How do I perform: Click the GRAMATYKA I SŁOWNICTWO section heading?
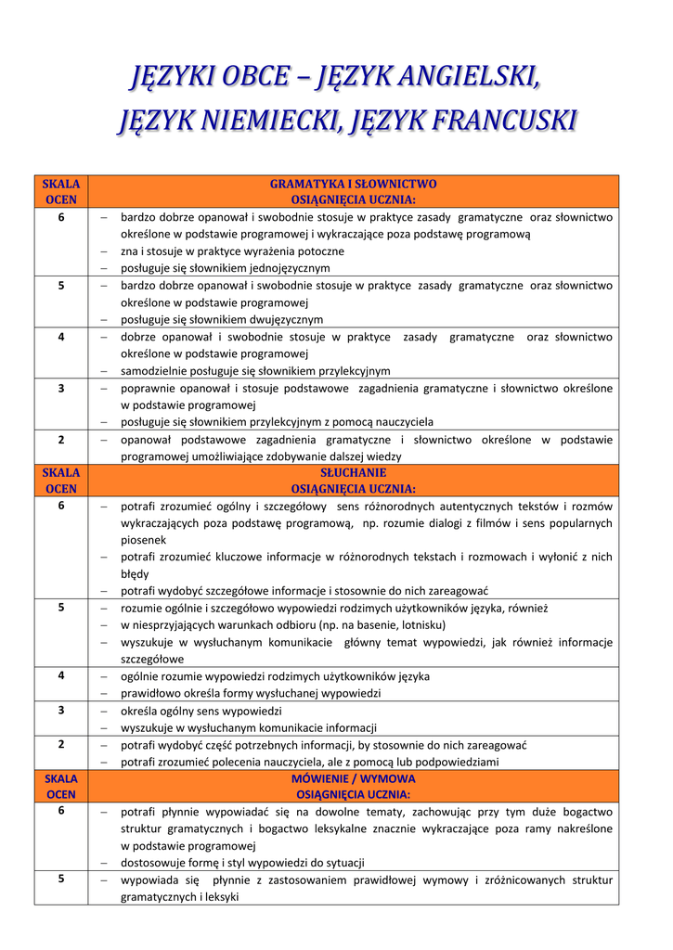353,184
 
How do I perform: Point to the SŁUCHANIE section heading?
353,472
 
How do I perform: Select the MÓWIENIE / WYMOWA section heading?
353,778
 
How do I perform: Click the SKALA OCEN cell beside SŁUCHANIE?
61,481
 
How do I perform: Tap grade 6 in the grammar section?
61,217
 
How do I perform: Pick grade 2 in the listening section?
61,745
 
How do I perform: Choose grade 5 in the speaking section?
61,879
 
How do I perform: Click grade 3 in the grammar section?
61,389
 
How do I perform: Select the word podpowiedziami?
455,763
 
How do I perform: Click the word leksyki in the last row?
221,897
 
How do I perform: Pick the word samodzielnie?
155,371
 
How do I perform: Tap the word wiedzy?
384,456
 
